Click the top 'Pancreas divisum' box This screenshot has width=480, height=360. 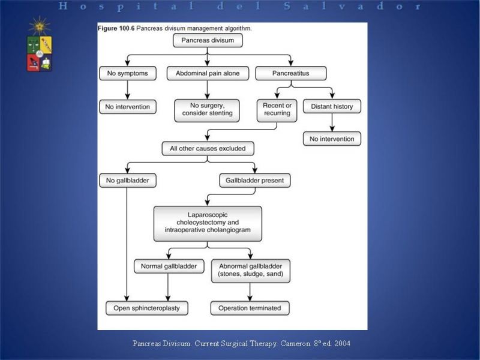208,40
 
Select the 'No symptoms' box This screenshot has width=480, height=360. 128,73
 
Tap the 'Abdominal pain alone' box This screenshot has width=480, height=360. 208,73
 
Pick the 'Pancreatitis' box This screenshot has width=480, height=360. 291,73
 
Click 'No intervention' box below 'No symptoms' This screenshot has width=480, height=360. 128,107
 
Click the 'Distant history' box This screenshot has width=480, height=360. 332,107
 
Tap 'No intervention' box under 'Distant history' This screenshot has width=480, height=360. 332,139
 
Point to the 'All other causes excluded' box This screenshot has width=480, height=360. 208,148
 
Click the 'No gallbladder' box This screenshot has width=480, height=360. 128,181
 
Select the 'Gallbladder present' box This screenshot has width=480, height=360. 254,181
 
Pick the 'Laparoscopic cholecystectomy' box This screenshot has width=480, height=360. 208,224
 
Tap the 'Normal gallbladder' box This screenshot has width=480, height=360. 169,266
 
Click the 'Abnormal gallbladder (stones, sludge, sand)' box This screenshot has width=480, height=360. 251,271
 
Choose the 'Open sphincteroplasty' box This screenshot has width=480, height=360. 147,308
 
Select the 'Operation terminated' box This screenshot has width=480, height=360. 250,308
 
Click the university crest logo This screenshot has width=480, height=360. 40,44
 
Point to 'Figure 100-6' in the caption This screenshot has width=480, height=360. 116,28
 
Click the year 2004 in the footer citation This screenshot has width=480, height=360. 342,343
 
